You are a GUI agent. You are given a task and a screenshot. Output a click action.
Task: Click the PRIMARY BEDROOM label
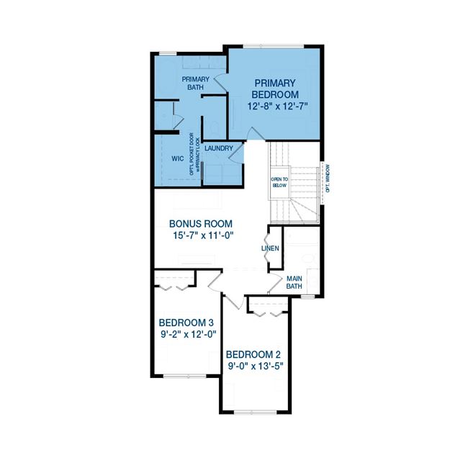(x=275, y=89)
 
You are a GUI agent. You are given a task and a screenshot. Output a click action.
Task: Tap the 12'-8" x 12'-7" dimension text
(x=278, y=106)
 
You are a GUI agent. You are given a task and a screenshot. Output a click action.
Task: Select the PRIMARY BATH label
(x=195, y=84)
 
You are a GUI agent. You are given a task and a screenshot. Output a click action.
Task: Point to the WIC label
(x=178, y=158)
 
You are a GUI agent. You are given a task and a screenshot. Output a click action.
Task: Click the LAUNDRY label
(x=219, y=148)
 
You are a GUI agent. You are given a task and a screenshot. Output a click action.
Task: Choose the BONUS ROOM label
(x=201, y=224)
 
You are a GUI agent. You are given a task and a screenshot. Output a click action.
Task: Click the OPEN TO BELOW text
(x=279, y=182)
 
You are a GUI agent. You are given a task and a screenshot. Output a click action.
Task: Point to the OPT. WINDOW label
(x=328, y=179)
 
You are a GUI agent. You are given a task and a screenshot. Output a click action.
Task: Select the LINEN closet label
(x=270, y=248)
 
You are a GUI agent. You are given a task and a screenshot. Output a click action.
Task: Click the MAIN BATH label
(x=294, y=282)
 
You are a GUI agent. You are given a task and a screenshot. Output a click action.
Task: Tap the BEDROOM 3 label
(x=186, y=323)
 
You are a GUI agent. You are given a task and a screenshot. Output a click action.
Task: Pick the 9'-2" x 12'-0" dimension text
(x=189, y=334)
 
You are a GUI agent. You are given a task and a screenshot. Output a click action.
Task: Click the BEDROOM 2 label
(x=253, y=355)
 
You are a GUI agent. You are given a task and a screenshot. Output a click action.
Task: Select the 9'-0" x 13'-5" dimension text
(x=256, y=366)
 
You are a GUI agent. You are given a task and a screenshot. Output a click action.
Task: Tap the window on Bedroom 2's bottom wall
(x=256, y=412)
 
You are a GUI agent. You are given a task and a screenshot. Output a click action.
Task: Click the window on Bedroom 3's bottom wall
(x=185, y=376)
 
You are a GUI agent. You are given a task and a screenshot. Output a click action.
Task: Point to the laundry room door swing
(x=236, y=153)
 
